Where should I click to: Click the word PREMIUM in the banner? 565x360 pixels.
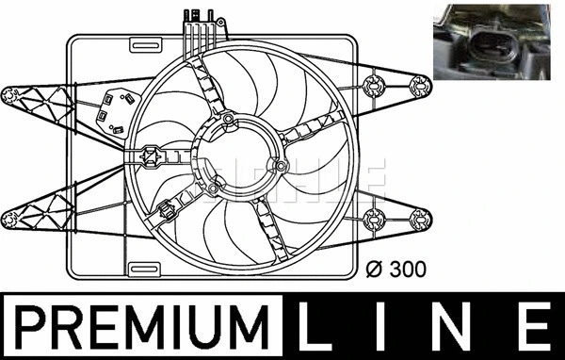141,327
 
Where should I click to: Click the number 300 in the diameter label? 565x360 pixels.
409,270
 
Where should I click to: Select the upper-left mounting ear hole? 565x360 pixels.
13,93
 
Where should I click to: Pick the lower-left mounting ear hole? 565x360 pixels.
12,220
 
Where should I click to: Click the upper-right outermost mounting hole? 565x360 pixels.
421,86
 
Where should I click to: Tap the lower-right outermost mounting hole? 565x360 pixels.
421,222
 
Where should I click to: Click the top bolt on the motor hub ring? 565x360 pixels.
228,118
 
